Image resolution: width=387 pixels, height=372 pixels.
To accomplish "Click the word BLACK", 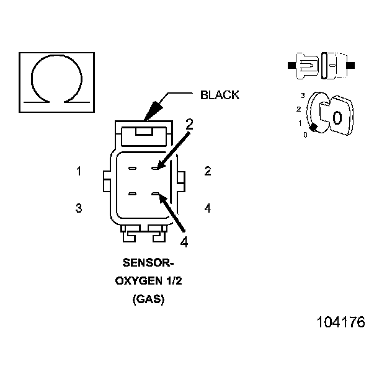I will pyautogui.click(x=219, y=95).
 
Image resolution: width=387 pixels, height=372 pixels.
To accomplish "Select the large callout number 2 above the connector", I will pyautogui.click(x=190, y=123).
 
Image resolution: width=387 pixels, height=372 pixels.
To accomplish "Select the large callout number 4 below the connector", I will pyautogui.click(x=184, y=241).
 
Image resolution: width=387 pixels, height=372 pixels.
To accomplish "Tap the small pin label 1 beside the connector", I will pyautogui.click(x=79, y=172).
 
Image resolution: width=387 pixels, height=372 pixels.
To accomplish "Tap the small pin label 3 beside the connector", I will pyautogui.click(x=79, y=208).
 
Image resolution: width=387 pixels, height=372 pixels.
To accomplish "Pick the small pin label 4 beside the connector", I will pyautogui.click(x=207, y=208).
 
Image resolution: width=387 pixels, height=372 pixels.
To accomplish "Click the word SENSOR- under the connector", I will pyautogui.click(x=149, y=262).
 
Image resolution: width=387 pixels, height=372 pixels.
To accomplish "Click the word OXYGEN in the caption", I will pyautogui.click(x=140, y=280).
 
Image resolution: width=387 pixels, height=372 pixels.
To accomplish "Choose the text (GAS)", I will pyautogui.click(x=149, y=299).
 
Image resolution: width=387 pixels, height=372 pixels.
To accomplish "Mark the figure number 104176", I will pyautogui.click(x=340, y=322).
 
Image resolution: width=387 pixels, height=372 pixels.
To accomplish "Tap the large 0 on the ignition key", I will pyautogui.click(x=337, y=118).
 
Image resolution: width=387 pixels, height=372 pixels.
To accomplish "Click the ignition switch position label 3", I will pyautogui.click(x=302, y=95).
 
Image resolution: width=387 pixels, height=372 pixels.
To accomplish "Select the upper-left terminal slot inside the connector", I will pyautogui.click(x=133, y=168).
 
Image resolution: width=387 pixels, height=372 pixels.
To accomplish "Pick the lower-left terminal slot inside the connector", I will pyautogui.click(x=133, y=195).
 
